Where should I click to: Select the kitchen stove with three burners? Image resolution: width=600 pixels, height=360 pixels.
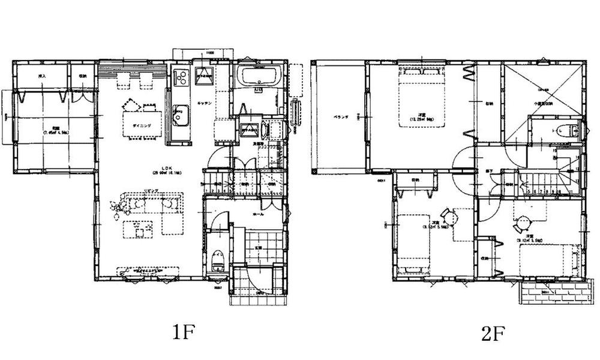181,77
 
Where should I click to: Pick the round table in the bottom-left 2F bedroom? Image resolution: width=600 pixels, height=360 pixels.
447,214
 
